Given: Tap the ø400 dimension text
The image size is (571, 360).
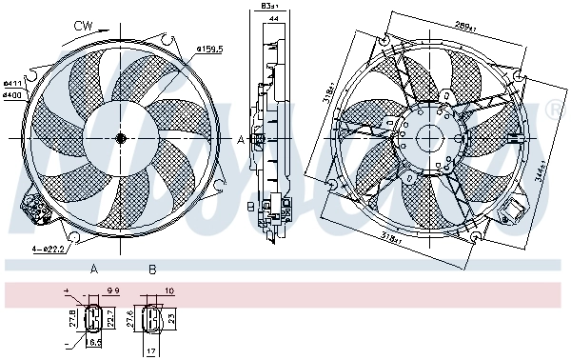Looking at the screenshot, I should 12,93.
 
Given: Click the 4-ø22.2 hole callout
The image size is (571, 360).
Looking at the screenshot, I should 49,249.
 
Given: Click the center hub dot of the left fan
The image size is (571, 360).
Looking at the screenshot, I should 121,139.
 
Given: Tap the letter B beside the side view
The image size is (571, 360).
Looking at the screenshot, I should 249,204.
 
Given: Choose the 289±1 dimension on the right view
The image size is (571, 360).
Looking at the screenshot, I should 464,26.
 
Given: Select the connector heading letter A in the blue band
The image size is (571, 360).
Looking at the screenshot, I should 94,270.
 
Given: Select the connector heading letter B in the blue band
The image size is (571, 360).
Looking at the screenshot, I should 151,270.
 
